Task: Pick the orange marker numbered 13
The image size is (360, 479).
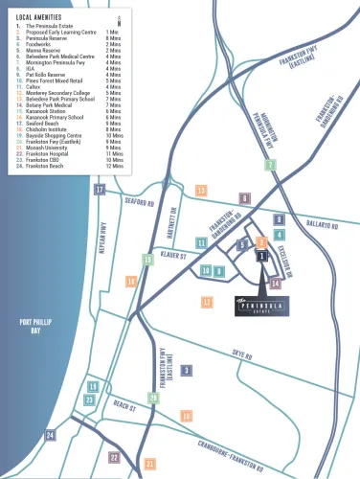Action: [201, 192]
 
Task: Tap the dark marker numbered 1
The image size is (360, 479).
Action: [261, 256]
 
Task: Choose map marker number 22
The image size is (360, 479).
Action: [115, 458]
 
